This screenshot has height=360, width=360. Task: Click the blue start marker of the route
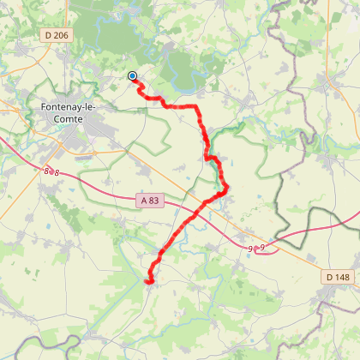click(x=133, y=76)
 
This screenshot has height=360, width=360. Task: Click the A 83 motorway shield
click(x=148, y=201)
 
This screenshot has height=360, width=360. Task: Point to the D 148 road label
click(x=339, y=277)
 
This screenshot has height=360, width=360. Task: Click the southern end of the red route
click(x=149, y=281)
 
